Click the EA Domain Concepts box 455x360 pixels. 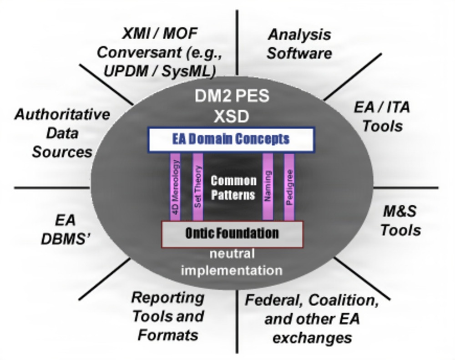(x=231, y=139)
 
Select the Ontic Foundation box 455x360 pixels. (x=232, y=234)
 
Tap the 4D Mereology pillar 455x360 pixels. (x=175, y=187)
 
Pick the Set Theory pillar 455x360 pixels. (x=197, y=187)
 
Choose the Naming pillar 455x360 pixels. (x=268, y=187)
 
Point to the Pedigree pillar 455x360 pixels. (x=289, y=187)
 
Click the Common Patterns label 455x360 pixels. (x=233, y=188)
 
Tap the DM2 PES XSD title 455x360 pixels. (x=232, y=106)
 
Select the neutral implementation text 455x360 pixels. (x=232, y=262)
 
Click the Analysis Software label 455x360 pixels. (x=299, y=44)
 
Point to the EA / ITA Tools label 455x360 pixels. (x=382, y=117)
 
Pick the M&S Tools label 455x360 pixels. (x=400, y=221)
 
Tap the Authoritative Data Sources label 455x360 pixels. (x=62, y=133)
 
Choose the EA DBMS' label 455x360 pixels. (x=65, y=230)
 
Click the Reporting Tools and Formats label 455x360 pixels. (x=168, y=316)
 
